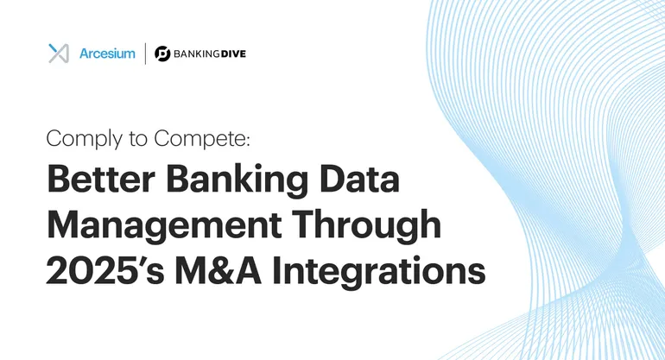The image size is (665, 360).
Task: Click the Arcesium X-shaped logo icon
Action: pos(59,54)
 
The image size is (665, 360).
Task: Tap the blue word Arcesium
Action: pos(107,54)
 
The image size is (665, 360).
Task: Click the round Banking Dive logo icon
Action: pos(162,54)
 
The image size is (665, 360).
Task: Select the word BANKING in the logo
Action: pos(196,54)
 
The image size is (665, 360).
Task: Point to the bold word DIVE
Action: pos(233,54)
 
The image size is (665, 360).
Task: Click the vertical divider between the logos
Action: pos(145,54)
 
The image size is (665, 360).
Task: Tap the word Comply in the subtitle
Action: pos(84,139)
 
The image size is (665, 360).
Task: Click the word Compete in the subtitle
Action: pos(199,138)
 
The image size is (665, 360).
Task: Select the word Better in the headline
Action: pos(101,179)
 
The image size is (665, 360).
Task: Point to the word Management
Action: pos(164,226)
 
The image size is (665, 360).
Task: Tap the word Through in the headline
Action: pos(367,225)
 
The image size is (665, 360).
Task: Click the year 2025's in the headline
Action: pos(105,270)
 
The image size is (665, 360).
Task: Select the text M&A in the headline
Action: pos(218,270)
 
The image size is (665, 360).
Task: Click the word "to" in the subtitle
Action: pos(138,139)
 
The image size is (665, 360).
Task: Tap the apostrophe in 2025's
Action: pos(145,261)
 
